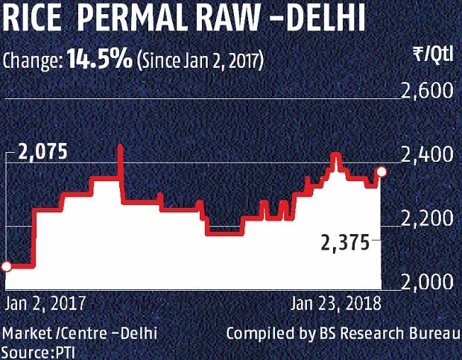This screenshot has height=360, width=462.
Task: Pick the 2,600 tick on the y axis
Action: (x=428, y=92)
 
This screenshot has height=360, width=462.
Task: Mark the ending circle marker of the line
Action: (x=382, y=172)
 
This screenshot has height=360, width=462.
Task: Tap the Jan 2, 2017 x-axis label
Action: (x=45, y=304)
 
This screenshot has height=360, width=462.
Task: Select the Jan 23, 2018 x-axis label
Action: (x=335, y=304)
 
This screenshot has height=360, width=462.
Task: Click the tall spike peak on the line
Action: (x=121, y=148)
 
